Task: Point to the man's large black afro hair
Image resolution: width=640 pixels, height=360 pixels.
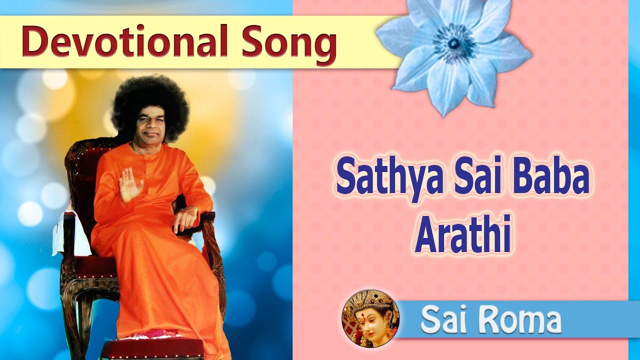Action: coord(150,102)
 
